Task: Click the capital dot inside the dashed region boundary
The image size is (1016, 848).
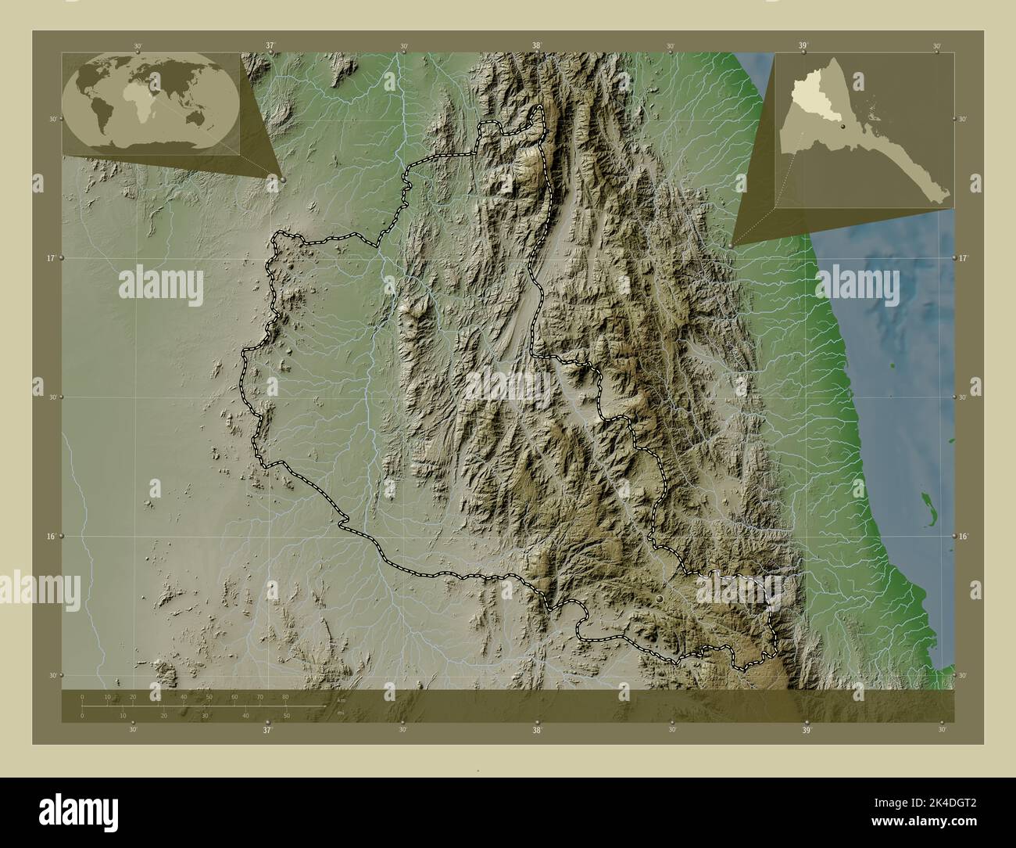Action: [x=660, y=598]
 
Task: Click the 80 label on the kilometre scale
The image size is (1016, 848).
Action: [x=285, y=696]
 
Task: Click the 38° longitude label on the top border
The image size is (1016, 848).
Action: [x=536, y=46]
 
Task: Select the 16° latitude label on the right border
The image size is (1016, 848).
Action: [x=964, y=536]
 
